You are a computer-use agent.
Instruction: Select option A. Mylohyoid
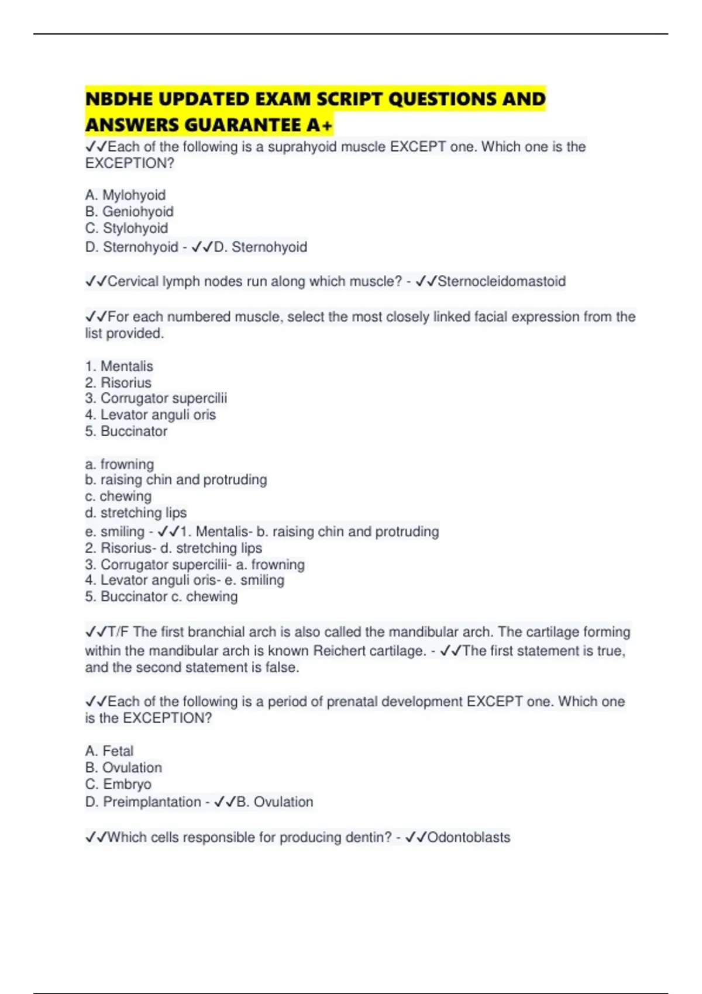125,195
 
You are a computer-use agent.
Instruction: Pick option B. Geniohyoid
129,211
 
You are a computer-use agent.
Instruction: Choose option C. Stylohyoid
126,228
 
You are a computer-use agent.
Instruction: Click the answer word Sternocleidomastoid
501,281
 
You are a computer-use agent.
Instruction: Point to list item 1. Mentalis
119,366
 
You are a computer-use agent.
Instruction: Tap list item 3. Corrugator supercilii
156,398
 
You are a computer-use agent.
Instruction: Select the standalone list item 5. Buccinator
126,431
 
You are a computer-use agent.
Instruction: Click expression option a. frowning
119,464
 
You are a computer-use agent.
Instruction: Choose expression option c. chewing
118,496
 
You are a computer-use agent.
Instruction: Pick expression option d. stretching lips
136,513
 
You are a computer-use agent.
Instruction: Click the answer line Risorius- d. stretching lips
173,548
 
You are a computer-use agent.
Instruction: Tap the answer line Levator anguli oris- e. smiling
184,580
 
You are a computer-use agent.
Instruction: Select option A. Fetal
109,751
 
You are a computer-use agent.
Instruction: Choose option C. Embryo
118,784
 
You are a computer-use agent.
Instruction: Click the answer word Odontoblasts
469,837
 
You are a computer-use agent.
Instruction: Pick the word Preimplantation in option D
152,802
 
